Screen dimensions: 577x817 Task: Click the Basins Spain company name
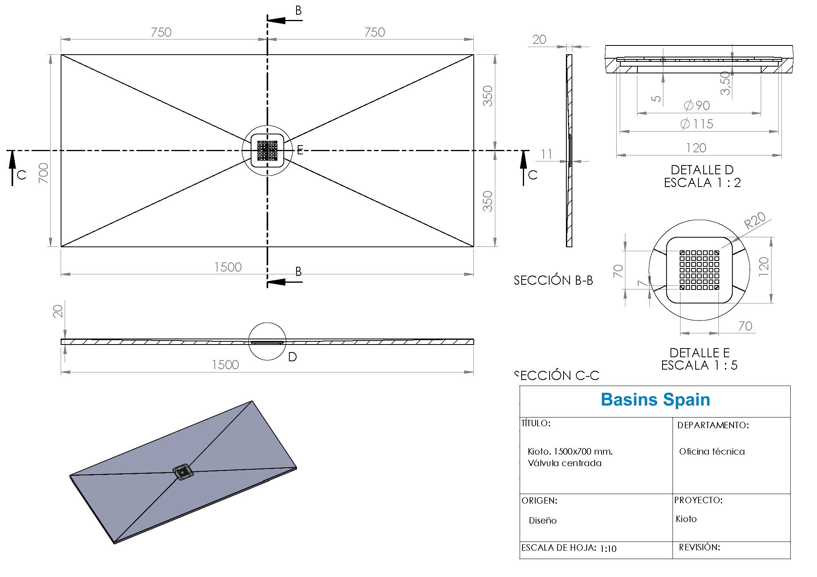655,400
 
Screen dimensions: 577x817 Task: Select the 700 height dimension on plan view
44,173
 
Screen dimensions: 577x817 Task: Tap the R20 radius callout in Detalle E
755,220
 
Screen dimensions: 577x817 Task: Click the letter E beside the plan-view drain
300,150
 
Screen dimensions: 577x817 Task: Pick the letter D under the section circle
292,357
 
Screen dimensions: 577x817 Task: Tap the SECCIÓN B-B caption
553,281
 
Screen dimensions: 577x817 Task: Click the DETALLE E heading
699,353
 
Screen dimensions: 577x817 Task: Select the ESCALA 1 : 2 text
702,183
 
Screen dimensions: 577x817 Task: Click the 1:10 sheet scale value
608,549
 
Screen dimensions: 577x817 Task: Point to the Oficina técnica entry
712,452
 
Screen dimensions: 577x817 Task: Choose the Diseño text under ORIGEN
542,521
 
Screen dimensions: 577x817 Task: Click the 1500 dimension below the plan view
228,267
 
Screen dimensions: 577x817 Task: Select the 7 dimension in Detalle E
641,283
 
